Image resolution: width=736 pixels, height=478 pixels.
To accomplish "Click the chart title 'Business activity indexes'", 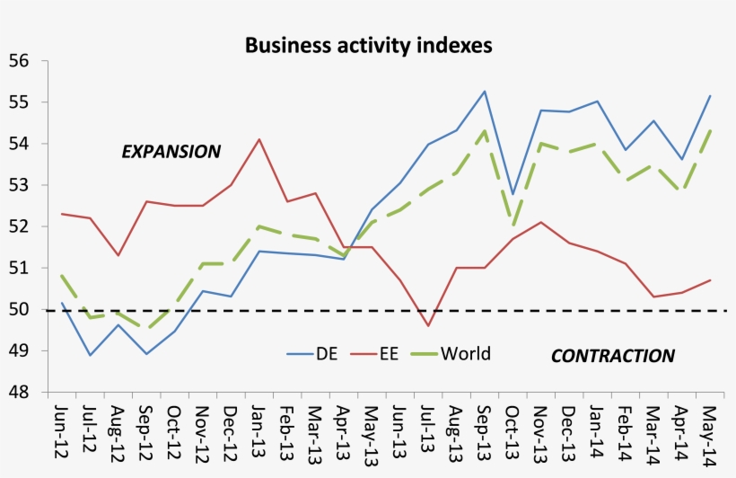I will click(x=368, y=45).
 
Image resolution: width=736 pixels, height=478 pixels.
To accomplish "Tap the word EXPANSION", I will click(x=171, y=151).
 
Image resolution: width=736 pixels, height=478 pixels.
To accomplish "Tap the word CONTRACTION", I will click(x=612, y=356).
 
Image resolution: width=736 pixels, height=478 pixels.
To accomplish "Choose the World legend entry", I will click(x=465, y=353).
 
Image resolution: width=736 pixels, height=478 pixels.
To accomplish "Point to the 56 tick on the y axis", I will click(x=20, y=61).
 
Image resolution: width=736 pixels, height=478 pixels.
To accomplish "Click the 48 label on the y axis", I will click(x=20, y=393).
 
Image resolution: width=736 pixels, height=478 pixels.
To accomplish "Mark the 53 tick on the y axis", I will click(x=20, y=185).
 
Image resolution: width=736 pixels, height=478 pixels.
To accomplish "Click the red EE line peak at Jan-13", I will click(x=259, y=139).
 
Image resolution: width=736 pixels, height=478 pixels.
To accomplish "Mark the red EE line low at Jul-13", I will click(x=428, y=325).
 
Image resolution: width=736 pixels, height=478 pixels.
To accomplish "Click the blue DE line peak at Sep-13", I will click(x=485, y=92).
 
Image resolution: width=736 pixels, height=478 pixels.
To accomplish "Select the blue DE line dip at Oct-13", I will click(x=513, y=194).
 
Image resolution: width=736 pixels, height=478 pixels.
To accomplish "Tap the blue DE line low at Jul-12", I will click(x=90, y=355).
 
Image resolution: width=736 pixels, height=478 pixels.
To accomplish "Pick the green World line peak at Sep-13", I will click(x=485, y=131).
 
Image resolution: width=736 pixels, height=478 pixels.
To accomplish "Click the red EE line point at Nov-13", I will click(x=541, y=222).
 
